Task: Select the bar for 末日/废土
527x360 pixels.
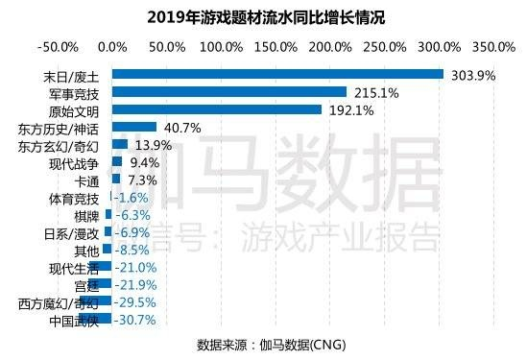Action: [x=277, y=75]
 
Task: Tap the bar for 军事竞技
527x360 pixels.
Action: [x=229, y=92]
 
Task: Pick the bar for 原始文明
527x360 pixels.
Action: [x=217, y=109]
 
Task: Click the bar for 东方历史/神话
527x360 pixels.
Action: [x=134, y=127]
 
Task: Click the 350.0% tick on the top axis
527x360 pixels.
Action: [x=494, y=45]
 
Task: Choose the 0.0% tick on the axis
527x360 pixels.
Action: [x=112, y=45]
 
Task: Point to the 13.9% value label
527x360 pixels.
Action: [x=154, y=145]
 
